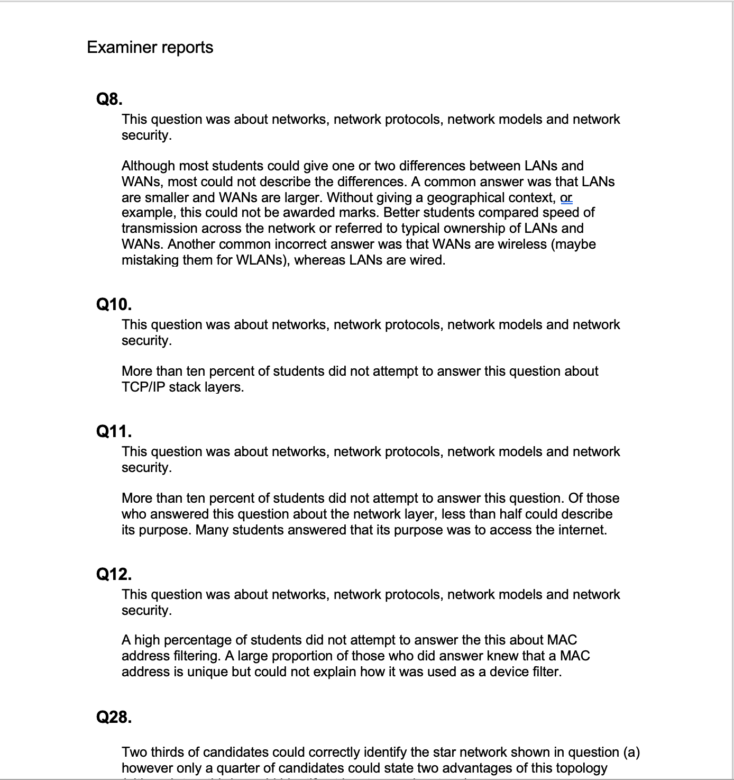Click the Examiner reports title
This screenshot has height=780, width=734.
(x=150, y=47)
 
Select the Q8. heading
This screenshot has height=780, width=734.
(x=109, y=99)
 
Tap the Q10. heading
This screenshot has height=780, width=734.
(x=114, y=304)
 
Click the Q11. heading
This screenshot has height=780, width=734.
(x=114, y=431)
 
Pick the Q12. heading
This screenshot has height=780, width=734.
(x=114, y=574)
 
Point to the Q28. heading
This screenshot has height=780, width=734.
(x=114, y=717)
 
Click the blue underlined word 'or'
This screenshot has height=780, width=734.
(x=566, y=197)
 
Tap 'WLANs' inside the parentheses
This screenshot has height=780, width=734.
(x=258, y=260)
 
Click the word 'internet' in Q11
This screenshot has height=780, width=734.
(x=581, y=530)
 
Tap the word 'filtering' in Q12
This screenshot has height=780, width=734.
(x=197, y=656)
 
